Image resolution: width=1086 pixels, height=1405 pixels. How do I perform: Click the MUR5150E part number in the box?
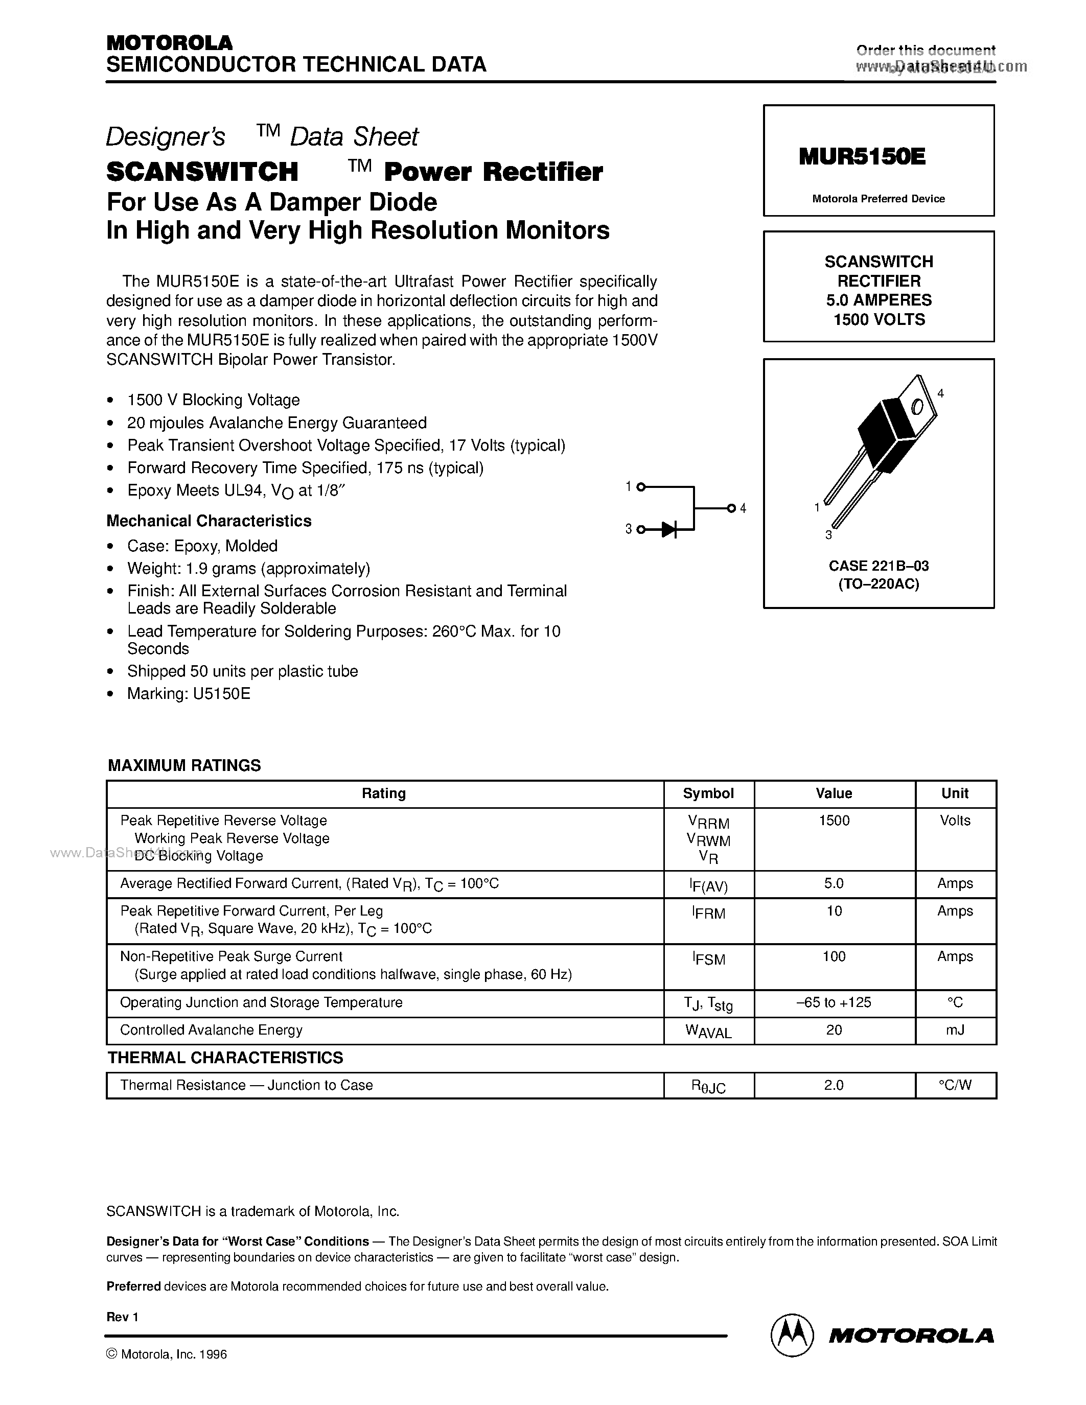862,156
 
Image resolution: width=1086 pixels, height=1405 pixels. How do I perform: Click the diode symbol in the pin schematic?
669,529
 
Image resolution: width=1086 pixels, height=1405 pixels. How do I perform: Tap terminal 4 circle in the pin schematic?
731,508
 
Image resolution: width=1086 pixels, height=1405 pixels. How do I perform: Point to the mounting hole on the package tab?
917,407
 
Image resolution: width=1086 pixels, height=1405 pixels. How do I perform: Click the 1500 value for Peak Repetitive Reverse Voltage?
834,820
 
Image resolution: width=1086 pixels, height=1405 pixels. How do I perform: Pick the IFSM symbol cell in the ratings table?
708,958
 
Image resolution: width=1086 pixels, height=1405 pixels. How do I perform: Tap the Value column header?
834,793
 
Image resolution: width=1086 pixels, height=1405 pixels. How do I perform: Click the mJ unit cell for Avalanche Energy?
955,1030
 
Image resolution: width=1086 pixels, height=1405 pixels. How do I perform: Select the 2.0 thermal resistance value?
834,1085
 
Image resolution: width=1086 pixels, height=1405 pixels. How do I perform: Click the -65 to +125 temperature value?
834,1002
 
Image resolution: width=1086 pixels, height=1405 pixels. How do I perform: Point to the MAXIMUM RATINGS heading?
184,765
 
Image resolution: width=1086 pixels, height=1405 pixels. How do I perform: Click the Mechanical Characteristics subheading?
209,521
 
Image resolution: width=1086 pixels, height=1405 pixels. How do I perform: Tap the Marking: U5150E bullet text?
189,693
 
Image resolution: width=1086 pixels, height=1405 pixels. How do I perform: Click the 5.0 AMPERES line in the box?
879,300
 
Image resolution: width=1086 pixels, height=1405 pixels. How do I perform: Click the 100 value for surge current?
834,956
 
